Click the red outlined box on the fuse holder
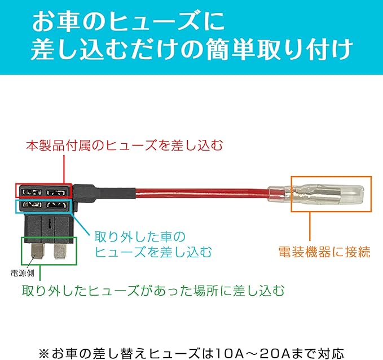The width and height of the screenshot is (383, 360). tap(43, 191)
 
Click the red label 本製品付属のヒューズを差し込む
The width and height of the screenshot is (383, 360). tap(124, 145)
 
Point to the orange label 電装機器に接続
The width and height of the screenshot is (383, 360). tap(324, 252)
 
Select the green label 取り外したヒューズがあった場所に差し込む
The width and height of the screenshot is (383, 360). tap(153, 292)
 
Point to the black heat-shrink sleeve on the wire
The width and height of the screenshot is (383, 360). tap(113, 191)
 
